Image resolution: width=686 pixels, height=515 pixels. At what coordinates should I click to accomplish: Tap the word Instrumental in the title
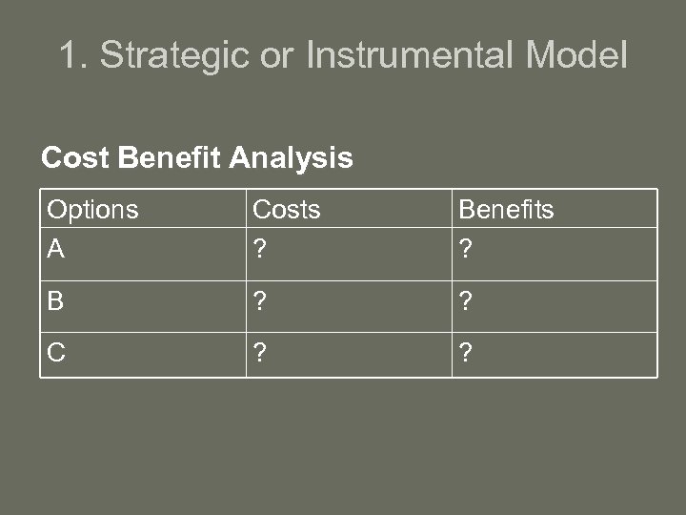pyautogui.click(x=411, y=55)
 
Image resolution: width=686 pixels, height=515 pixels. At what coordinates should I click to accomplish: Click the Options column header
pyautogui.click(x=92, y=210)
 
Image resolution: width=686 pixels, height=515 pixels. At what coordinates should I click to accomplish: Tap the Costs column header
pyautogui.click(x=286, y=210)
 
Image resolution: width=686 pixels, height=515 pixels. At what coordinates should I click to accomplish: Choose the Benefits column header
pyautogui.click(x=506, y=210)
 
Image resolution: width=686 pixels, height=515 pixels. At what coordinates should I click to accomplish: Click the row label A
pyautogui.click(x=56, y=249)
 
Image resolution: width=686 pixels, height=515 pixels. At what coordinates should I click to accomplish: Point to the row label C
pyautogui.click(x=56, y=353)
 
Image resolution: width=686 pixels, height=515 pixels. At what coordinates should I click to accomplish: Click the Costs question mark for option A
pyautogui.click(x=258, y=249)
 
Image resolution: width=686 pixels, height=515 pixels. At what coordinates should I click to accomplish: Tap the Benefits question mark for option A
pyautogui.click(x=465, y=249)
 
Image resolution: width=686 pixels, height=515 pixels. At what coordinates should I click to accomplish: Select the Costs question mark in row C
pyautogui.click(x=258, y=353)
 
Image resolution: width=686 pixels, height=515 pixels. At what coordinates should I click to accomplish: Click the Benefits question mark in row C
pyautogui.click(x=465, y=353)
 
